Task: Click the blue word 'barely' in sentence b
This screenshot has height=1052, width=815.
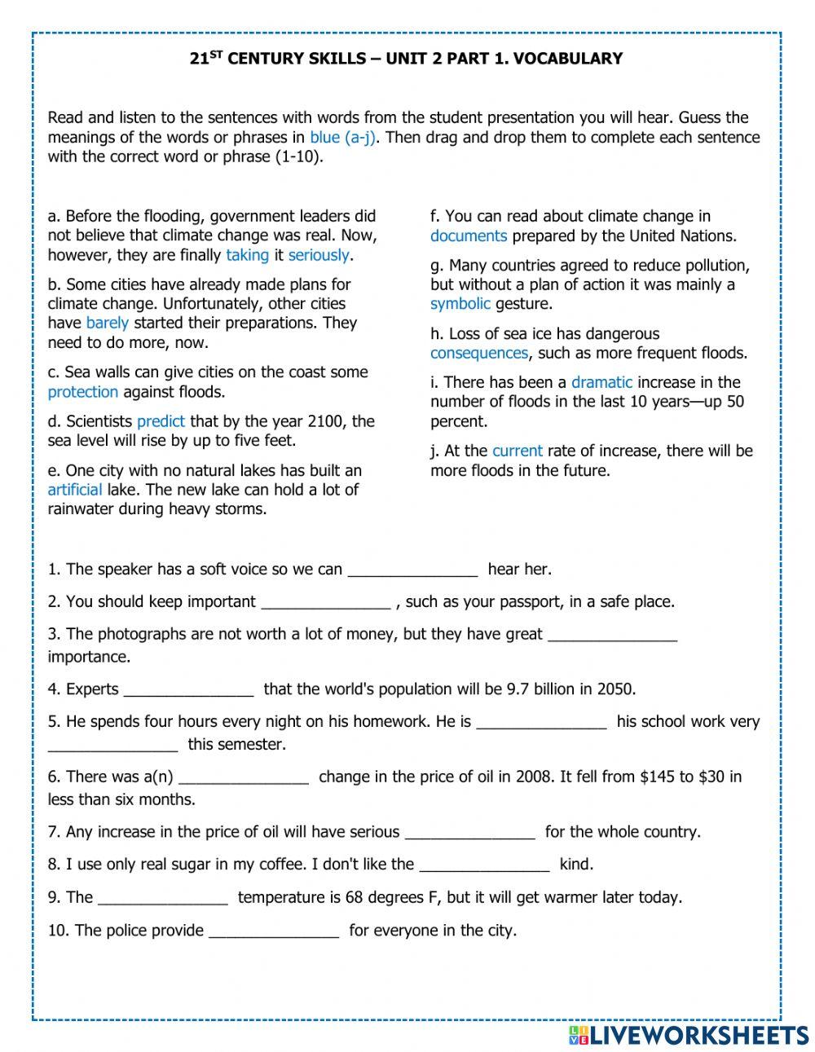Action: click(107, 324)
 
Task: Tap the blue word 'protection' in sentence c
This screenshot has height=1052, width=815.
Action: click(82, 392)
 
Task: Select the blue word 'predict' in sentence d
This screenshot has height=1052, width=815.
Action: click(161, 421)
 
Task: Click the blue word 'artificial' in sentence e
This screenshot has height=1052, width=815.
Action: click(74, 490)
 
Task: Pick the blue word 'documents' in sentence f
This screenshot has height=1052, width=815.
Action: click(469, 236)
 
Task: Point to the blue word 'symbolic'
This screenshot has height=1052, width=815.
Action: click(460, 304)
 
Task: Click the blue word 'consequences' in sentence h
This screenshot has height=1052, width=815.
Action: click(479, 353)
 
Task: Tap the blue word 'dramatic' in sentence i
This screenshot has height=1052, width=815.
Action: click(601, 382)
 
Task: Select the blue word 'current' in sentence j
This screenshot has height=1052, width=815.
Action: click(517, 451)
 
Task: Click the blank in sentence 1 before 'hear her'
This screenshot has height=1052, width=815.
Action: click(412, 570)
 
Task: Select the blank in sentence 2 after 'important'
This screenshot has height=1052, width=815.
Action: click(325, 603)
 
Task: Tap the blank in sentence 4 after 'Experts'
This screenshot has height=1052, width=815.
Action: click(188, 690)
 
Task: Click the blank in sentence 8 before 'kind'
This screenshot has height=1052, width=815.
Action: click(485, 865)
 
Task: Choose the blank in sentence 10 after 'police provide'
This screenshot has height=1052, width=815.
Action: click(274, 931)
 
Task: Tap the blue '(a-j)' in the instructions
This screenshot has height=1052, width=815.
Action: click(359, 138)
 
